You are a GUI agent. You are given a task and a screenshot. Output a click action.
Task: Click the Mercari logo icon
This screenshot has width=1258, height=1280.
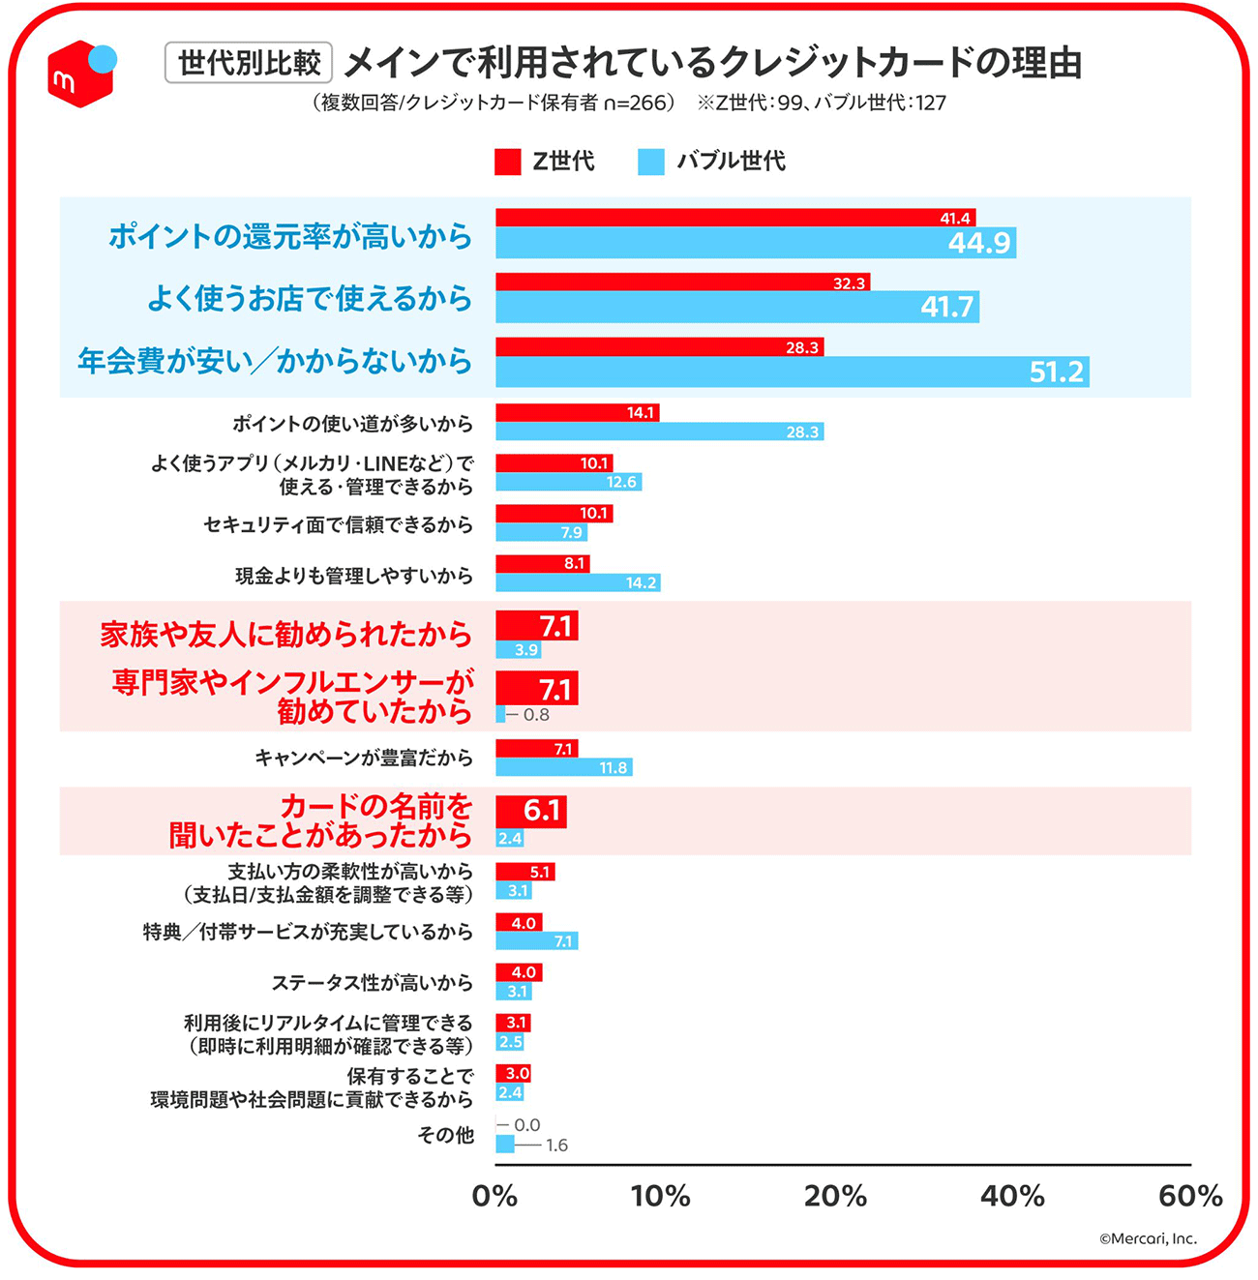coord(81,73)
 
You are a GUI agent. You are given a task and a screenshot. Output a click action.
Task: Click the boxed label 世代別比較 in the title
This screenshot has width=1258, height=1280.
coord(249,63)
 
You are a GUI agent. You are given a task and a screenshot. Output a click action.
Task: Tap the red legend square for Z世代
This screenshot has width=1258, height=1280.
coord(507,162)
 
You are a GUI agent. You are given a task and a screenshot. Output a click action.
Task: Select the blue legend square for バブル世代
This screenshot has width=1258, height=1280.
coord(651,162)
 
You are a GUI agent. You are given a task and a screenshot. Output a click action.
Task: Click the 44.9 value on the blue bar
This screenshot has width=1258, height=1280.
coord(979,243)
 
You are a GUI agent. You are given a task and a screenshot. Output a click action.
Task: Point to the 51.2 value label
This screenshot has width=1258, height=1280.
coord(1056,372)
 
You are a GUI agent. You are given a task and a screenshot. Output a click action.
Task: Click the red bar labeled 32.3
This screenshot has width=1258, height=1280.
coord(682,283)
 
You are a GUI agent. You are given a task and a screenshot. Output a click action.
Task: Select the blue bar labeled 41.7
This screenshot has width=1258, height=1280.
coord(735,308)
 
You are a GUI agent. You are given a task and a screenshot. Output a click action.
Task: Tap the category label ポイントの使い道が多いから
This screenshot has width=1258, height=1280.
coord(352,424)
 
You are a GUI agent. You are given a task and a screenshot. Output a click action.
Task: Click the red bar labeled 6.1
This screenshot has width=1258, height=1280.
coord(530,811)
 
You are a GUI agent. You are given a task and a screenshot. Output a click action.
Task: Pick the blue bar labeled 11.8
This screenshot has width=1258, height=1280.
coord(563,768)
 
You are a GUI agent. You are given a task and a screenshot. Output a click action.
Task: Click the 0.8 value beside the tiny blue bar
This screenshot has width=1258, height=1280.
coord(536,715)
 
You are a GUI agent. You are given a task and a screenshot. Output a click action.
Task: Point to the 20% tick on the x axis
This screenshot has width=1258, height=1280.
coord(835,1197)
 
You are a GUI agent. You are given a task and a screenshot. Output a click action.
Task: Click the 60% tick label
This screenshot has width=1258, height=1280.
coord(1190,1197)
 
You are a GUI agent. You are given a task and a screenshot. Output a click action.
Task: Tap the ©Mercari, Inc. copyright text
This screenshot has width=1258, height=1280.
coord(1148,1238)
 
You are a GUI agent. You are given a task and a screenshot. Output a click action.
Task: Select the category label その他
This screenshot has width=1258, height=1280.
coord(445,1135)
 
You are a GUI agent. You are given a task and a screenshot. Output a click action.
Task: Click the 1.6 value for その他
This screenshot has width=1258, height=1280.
coord(556,1146)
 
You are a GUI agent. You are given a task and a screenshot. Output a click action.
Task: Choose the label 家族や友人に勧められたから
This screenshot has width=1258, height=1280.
coord(285,635)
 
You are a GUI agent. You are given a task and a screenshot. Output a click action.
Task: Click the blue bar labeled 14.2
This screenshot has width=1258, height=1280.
coord(578,583)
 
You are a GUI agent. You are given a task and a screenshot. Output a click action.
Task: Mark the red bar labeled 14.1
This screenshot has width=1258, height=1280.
coord(577,413)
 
